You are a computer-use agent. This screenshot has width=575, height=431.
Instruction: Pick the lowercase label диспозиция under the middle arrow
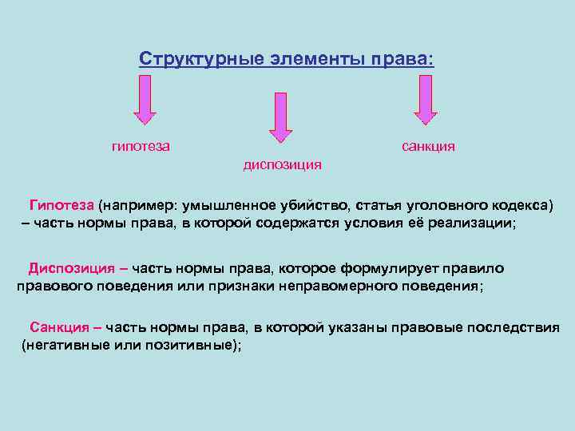click(x=282, y=164)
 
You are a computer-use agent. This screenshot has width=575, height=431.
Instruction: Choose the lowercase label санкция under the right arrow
click(x=428, y=146)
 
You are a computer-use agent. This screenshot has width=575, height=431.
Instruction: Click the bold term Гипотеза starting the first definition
click(x=61, y=204)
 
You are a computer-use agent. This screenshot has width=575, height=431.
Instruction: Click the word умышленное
click(x=232, y=204)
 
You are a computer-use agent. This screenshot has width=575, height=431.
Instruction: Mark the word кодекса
click(x=520, y=204)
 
